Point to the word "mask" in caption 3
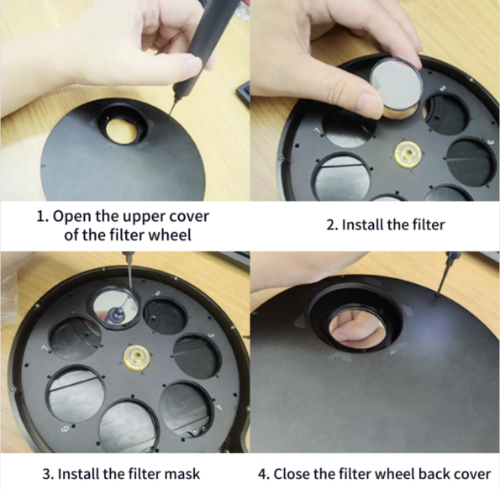click(182, 473)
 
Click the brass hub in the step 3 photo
click(136, 357)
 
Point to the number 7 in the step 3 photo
click(45, 349)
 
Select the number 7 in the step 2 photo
click(318, 130)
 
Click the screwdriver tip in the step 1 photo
click(170, 116)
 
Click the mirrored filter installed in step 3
click(116, 306)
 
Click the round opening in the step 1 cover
click(124, 129)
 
